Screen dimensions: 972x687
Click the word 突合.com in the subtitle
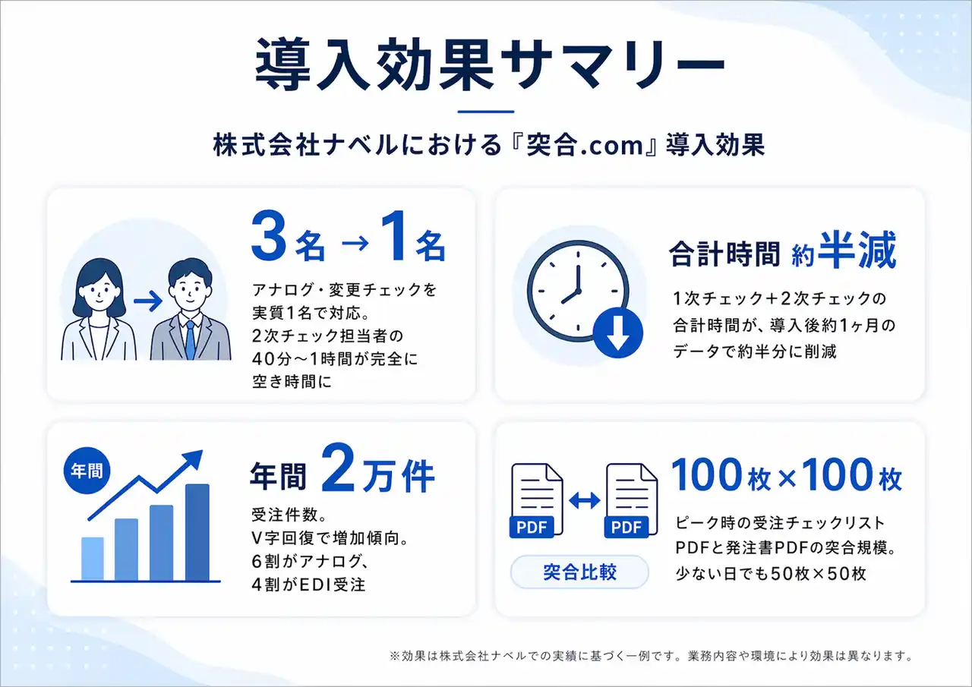[584, 145]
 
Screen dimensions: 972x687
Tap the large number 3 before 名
[269, 235]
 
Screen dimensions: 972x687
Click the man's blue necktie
[190, 339]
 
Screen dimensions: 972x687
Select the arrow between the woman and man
[148, 301]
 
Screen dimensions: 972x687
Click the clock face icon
[578, 291]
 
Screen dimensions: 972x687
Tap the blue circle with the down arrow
[618, 332]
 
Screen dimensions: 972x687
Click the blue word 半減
[857, 251]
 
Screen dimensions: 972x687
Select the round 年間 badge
[87, 470]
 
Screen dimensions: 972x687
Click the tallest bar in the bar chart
[197, 532]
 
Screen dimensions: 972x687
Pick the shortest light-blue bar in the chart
[93, 559]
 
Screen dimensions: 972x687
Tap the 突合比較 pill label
[579, 572]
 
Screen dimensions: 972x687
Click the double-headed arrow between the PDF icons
[585, 500]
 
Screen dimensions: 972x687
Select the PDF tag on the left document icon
[531, 527]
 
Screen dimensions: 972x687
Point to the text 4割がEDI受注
[308, 585]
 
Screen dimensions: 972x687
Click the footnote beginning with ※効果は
[651, 656]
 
